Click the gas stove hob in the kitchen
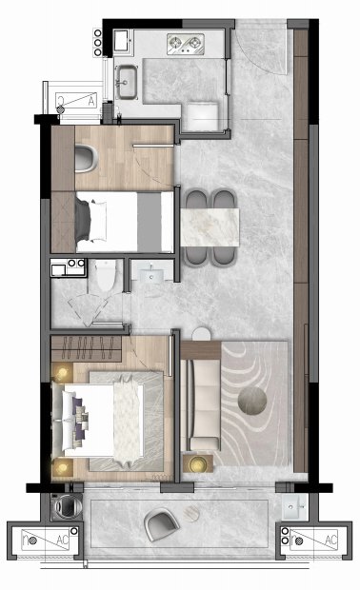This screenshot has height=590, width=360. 186,45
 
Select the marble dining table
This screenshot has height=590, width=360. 210,227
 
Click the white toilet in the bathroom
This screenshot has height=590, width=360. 105,275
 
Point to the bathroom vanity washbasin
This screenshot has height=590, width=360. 151,276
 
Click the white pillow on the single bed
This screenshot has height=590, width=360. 98,221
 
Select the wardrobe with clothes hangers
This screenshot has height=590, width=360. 87,348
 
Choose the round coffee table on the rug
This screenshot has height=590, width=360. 252,402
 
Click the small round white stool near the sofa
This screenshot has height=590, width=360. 201,334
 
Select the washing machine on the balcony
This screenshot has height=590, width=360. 67,507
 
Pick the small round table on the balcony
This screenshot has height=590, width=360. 192,514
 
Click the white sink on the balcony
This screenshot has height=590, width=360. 295,507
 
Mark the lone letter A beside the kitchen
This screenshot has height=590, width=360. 91,101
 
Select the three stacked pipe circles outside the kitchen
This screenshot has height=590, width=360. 97,43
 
